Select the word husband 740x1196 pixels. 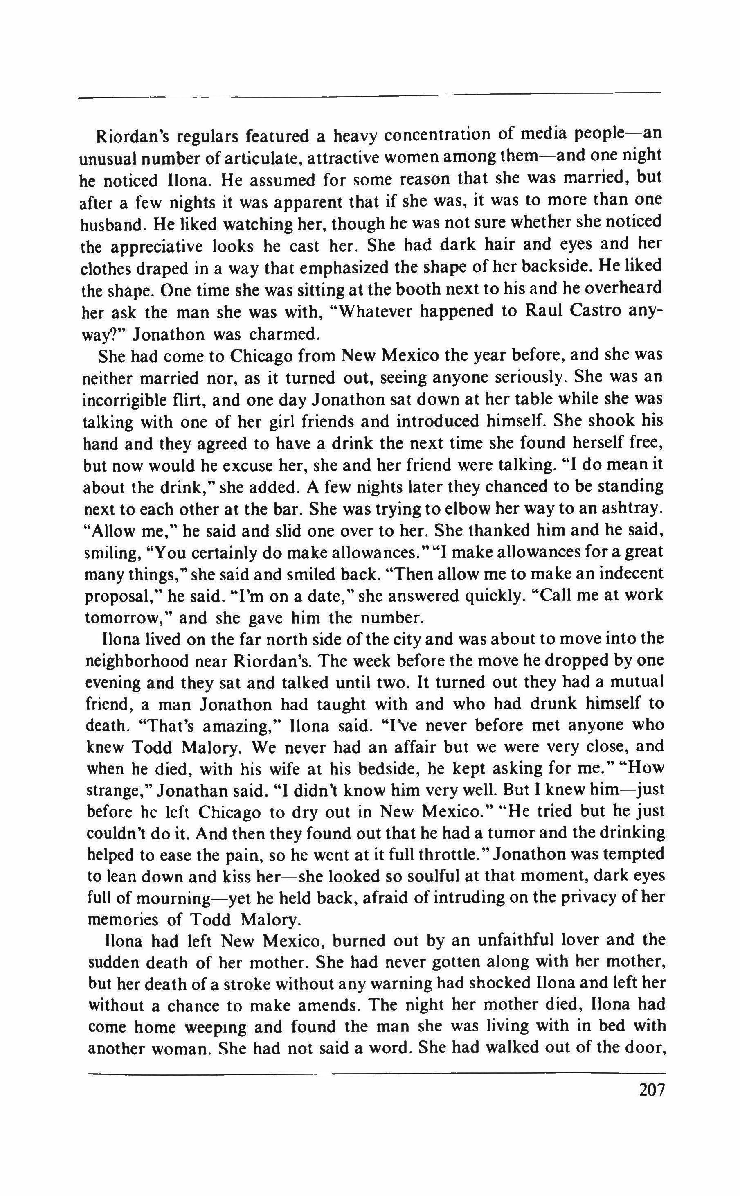pos(112,225)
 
